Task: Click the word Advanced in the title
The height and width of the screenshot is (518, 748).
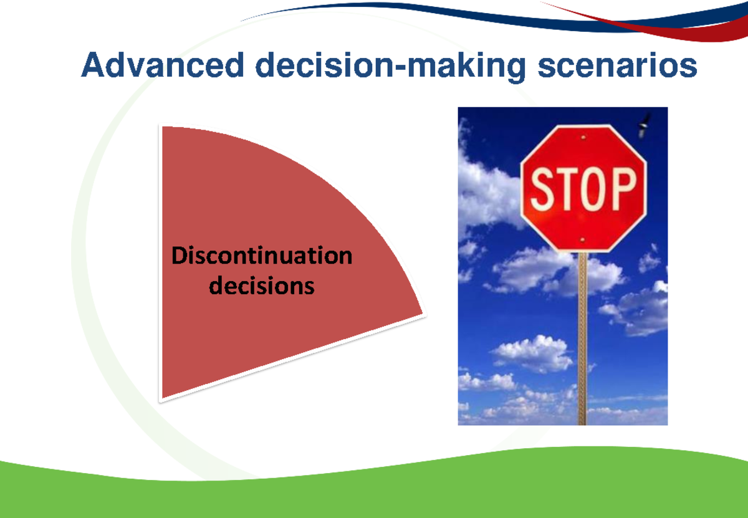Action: (162, 66)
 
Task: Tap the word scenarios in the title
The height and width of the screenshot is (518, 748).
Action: (617, 66)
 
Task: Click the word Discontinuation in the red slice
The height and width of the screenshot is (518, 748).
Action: (262, 256)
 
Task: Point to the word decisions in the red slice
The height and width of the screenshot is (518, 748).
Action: (262, 286)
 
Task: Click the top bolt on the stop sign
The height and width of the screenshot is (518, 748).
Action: (583, 136)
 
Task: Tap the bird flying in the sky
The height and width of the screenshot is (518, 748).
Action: (643, 126)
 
